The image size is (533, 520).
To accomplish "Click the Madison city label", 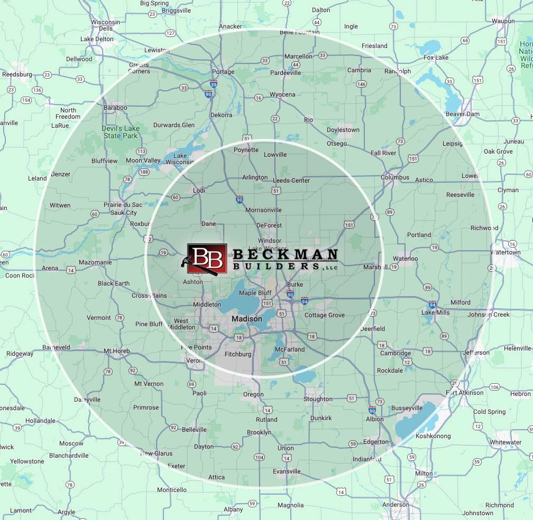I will click(x=247, y=319).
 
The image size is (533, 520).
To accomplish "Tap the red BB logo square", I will click(x=207, y=258).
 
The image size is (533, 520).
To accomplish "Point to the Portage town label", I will click(x=223, y=72).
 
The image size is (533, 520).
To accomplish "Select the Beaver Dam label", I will click(x=462, y=114).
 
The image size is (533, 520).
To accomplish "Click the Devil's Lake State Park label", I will click(x=120, y=132).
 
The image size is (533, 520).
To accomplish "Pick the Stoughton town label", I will click(x=318, y=399).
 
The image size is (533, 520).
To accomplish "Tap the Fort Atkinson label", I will click(x=465, y=393).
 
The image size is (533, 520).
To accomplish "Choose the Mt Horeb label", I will click(x=116, y=351).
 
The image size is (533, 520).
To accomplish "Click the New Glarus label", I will click(x=157, y=453).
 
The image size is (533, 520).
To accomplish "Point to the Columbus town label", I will click(x=395, y=177).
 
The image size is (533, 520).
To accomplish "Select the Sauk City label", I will click(x=124, y=213).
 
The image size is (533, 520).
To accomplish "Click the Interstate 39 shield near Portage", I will click(x=213, y=84).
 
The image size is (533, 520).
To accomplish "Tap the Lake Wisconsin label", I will click(x=180, y=159).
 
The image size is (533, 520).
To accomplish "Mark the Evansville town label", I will click(x=287, y=471).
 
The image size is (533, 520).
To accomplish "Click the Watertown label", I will click(x=506, y=252).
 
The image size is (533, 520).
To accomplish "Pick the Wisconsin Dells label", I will click(x=105, y=25).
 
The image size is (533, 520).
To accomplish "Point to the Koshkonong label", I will click(x=433, y=436).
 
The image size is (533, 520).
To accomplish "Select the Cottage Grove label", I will click(x=324, y=315).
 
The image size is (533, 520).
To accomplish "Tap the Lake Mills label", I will click(x=435, y=313).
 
